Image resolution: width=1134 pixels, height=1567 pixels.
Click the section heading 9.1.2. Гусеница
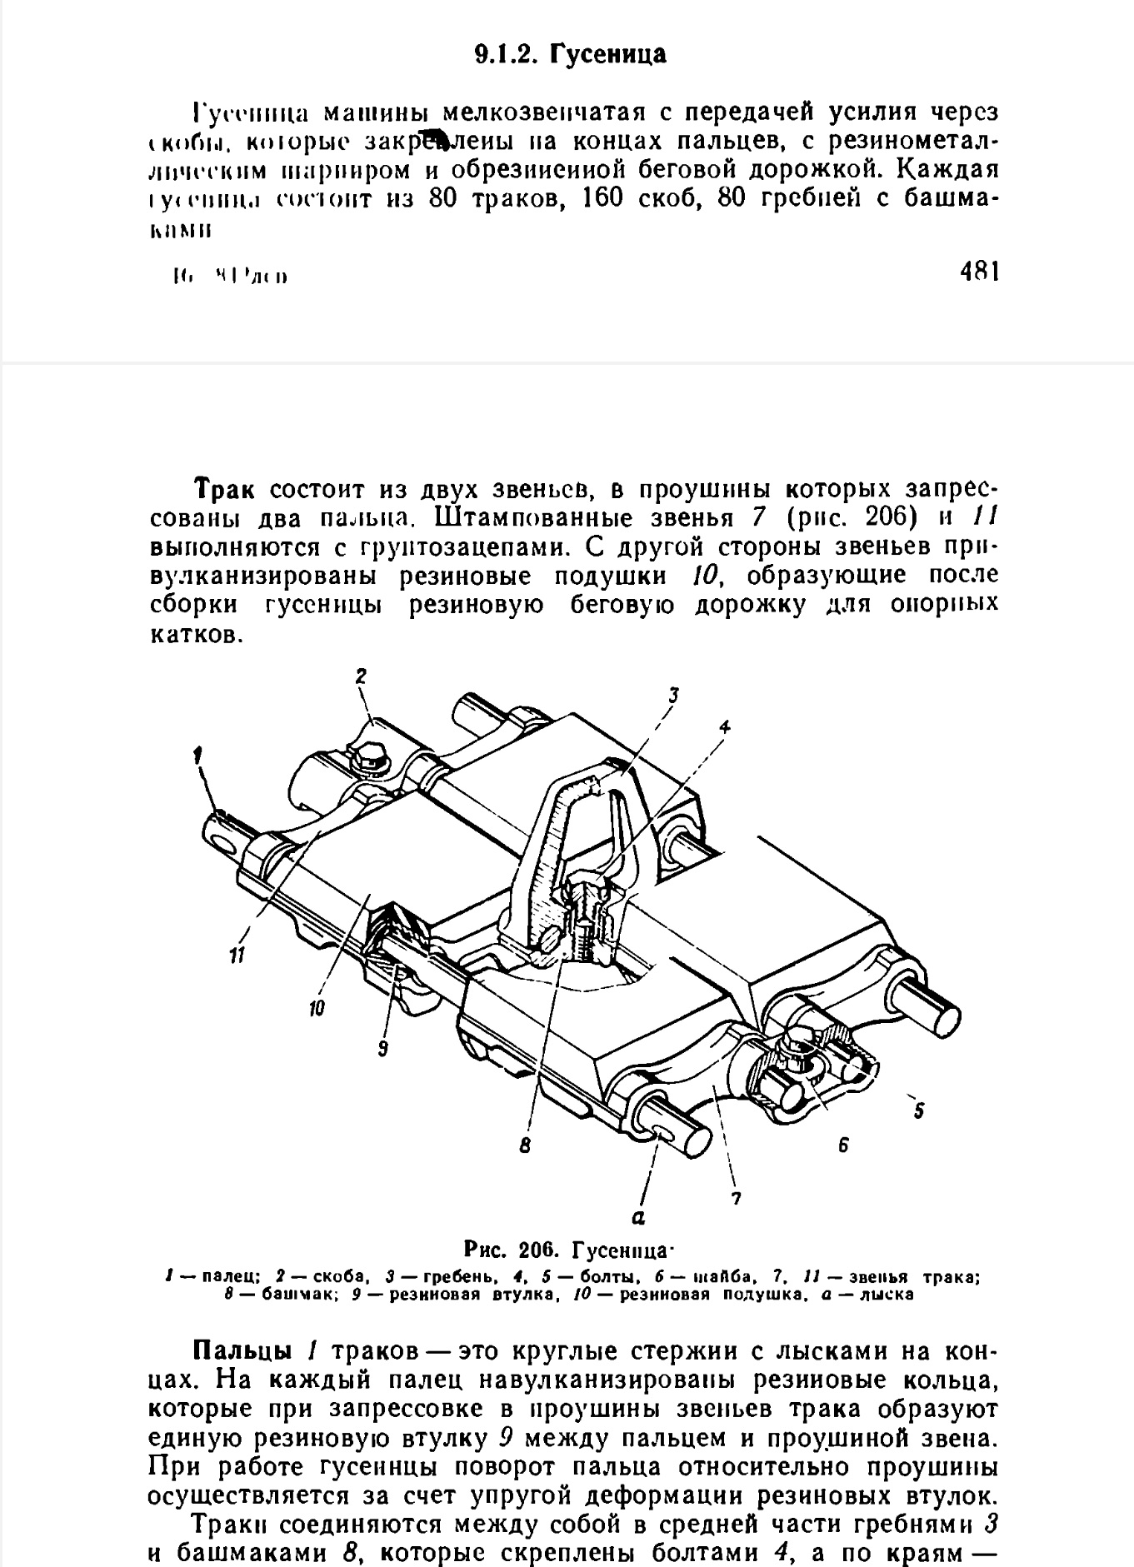click(571, 55)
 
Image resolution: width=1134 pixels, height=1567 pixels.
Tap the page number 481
click(979, 272)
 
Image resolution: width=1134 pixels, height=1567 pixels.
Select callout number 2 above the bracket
click(361, 676)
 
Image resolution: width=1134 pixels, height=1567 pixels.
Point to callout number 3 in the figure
click(673, 693)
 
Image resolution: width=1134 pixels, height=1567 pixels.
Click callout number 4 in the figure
click(725, 726)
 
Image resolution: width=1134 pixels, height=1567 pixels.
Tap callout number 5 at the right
click(920, 1110)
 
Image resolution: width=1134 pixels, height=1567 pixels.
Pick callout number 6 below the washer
click(843, 1146)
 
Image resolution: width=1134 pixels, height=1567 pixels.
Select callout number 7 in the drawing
click(736, 1200)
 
